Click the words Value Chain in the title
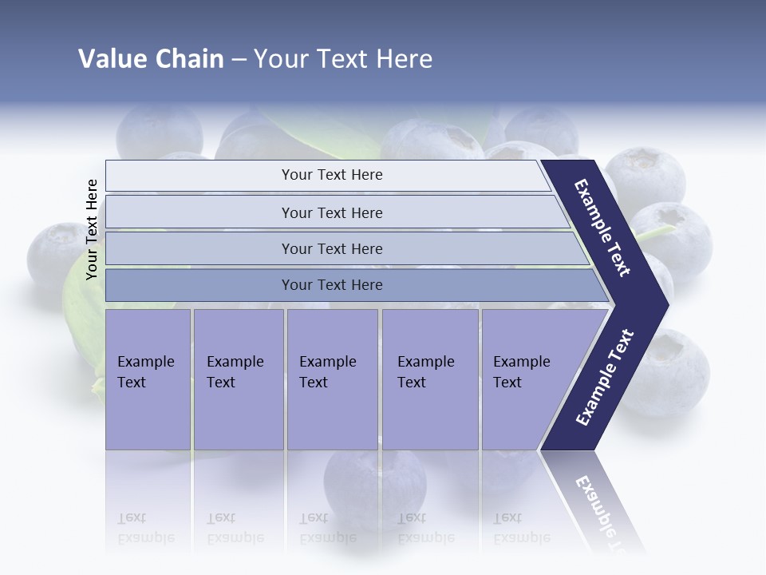click(x=151, y=59)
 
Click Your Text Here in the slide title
click(x=343, y=59)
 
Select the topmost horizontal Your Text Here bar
click(x=332, y=175)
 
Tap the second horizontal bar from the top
click(x=332, y=212)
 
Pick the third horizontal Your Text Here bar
click(x=332, y=248)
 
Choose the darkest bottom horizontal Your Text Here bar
click(x=332, y=285)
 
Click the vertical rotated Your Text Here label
click(x=92, y=230)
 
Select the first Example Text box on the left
click(x=148, y=379)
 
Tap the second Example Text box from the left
click(x=238, y=379)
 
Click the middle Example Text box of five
click(x=331, y=379)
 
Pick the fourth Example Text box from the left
click(x=429, y=379)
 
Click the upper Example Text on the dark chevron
click(x=603, y=228)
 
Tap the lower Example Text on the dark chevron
click(x=604, y=377)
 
